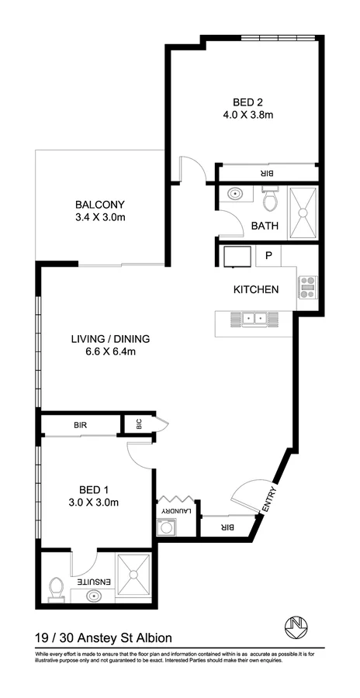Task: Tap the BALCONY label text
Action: tap(99, 205)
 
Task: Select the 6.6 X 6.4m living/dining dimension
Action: tap(99, 352)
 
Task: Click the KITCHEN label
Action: tap(256, 290)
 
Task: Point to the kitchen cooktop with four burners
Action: tap(307, 287)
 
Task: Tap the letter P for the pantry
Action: tap(268, 255)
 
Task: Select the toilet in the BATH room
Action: tap(269, 202)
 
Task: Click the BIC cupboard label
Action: tap(140, 424)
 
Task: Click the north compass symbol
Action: tap(295, 625)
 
